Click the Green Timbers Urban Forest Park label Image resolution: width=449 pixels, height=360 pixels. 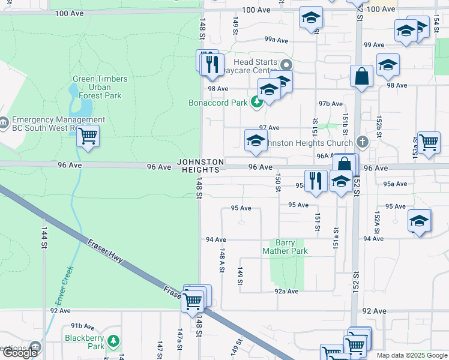(x=100, y=87)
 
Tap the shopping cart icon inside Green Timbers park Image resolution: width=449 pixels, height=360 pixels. (x=88, y=136)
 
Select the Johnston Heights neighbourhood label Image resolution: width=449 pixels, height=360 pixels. (x=200, y=166)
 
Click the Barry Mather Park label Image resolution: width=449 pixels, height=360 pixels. (x=285, y=247)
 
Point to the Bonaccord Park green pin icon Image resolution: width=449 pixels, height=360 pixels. (x=258, y=103)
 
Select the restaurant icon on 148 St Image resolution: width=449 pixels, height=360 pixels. (x=211, y=63)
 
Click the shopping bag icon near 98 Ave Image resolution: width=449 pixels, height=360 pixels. (x=361, y=76)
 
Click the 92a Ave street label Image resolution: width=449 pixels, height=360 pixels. (x=286, y=291)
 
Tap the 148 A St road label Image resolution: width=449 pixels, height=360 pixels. (x=221, y=262)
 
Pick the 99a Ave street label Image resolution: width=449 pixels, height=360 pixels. (x=277, y=40)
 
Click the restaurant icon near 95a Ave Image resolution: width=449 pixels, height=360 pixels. (x=316, y=179)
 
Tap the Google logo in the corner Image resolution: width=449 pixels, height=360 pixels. (x=20, y=353)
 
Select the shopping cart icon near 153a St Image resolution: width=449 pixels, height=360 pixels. (x=429, y=143)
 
